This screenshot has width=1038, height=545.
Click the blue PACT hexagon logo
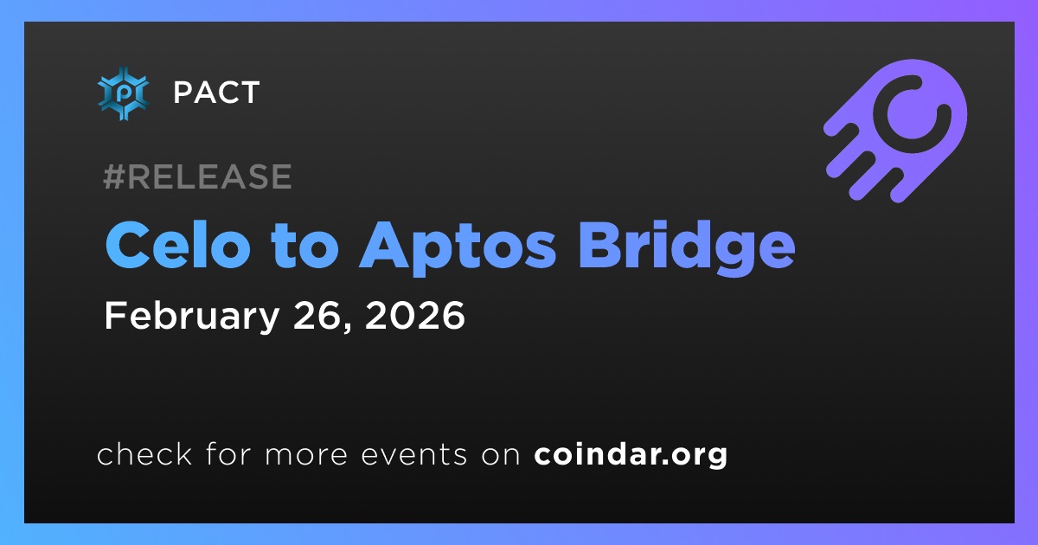coord(123,93)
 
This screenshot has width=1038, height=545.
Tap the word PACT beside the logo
coord(216,93)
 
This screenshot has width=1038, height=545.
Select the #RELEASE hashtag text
coord(197,176)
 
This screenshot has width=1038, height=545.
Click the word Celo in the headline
coord(178,244)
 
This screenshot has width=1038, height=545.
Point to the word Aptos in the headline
coord(458,248)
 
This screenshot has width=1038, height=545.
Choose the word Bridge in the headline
coord(687,248)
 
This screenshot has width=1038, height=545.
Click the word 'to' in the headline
coord(304,246)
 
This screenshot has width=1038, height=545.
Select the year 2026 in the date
coord(414,315)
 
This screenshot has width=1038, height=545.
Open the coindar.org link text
coord(631,455)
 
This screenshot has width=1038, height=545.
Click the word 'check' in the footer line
coord(144,453)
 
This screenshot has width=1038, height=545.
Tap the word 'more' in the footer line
coord(306,455)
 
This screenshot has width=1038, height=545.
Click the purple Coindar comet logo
coord(895,131)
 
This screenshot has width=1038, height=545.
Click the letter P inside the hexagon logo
coord(123,93)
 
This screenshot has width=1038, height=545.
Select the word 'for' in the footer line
coord(228,453)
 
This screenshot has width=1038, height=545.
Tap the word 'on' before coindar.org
coord(501,455)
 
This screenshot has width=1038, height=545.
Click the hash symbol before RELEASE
coord(113,176)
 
